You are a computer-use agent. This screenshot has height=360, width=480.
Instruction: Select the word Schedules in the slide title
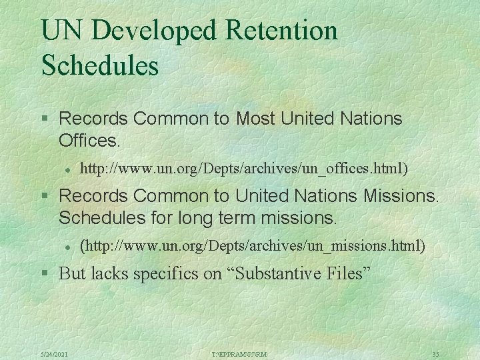[x=99, y=66]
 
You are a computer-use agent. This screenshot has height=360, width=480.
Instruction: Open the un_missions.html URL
[x=252, y=246]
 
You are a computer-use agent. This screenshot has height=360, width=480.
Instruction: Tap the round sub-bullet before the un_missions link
[x=68, y=247]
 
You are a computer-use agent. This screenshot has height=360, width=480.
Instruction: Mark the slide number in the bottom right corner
[x=435, y=353]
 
